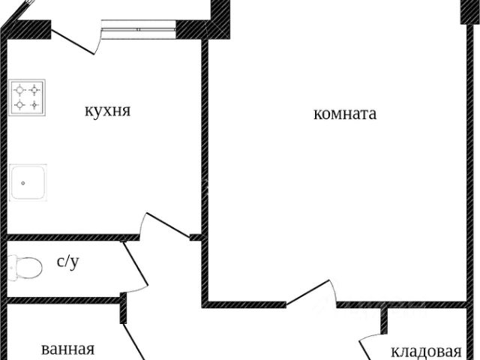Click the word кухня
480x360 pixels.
pos(107,110)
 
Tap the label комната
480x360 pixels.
pos(345,114)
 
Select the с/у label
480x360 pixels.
pos(68,262)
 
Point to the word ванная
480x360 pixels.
pos(67,349)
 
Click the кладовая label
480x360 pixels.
pos(426,352)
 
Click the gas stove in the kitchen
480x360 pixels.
pos(27,97)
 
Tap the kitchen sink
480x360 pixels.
pos(28,183)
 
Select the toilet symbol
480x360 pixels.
pos(25,268)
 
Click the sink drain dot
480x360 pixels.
pos(23,183)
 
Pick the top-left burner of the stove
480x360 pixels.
pos(20,90)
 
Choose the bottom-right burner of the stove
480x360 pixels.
pos(34,105)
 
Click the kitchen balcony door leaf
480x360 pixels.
pos(73,42)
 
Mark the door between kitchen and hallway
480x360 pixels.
pos(168,225)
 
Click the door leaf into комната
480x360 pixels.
pos(308,292)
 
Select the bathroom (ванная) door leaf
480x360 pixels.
pos(134,342)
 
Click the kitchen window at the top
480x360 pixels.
pos(139,29)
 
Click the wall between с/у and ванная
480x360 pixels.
pos(64,300)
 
